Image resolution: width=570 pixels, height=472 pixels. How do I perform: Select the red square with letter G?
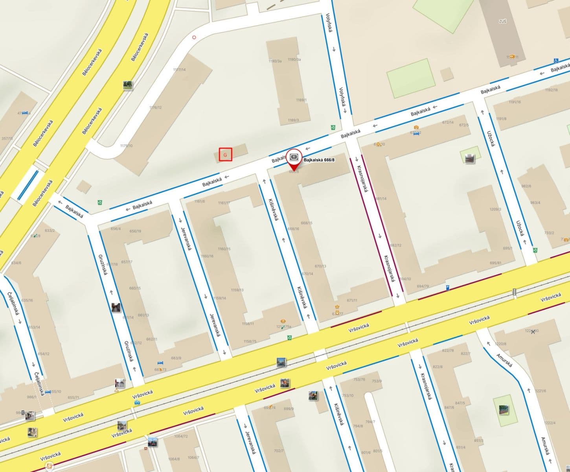(225, 155)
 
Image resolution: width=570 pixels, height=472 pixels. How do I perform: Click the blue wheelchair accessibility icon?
(556, 61)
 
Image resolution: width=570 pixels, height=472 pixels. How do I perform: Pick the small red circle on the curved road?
(193, 38)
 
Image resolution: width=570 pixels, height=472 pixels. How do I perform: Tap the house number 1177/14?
(179, 70)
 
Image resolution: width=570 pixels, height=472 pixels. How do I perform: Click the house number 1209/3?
(495, 209)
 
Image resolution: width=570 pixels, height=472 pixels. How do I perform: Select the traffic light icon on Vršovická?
(514, 292)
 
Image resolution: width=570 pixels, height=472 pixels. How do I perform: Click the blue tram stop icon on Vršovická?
(138, 402)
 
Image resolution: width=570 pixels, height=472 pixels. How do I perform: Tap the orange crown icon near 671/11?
(337, 307)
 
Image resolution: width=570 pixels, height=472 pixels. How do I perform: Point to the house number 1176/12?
(155, 107)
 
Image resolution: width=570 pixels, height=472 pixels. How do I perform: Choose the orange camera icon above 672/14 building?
(416, 127)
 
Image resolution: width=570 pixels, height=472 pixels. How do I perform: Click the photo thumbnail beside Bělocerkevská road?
(127, 85)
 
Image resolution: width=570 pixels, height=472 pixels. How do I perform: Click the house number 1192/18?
(551, 90)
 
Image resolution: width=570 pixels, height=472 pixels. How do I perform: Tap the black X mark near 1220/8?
(533, 332)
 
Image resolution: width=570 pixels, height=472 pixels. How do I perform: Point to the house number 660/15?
(135, 288)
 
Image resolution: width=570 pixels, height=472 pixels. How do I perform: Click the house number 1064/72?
(181, 436)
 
